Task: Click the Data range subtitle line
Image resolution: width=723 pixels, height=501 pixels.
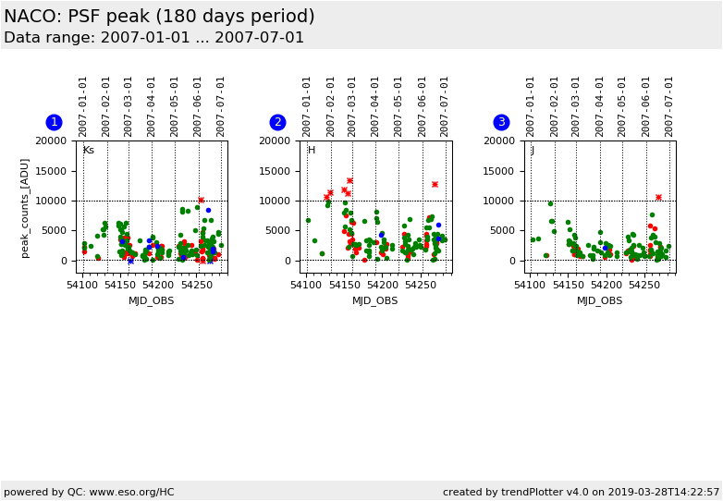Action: point(153,38)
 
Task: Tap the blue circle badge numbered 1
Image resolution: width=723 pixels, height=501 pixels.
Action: point(54,122)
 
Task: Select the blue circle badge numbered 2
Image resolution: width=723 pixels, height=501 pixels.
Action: point(277,122)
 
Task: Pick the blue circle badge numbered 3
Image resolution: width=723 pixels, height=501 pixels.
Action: point(501,122)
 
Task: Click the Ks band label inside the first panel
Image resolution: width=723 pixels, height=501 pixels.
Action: point(89,151)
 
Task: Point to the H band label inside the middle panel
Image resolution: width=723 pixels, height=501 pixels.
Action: point(312,151)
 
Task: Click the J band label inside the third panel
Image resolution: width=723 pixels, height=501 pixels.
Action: point(533,151)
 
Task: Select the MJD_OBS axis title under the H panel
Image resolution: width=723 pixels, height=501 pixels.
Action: point(375,300)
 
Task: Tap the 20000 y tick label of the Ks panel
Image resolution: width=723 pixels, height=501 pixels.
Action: point(52,141)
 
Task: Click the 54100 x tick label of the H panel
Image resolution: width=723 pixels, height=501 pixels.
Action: point(307,286)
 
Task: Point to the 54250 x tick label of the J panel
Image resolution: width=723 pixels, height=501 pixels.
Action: point(644,286)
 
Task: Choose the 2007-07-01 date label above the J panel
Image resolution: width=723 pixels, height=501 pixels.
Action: point(669,105)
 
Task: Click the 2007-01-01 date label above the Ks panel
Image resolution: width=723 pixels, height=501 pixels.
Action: point(83,105)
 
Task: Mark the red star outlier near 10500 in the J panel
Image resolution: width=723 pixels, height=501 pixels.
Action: point(658,197)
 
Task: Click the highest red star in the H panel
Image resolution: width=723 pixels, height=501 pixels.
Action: point(349,180)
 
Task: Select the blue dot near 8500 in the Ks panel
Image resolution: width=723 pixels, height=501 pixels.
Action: point(208,210)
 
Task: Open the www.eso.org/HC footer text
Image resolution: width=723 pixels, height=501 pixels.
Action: point(89,492)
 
